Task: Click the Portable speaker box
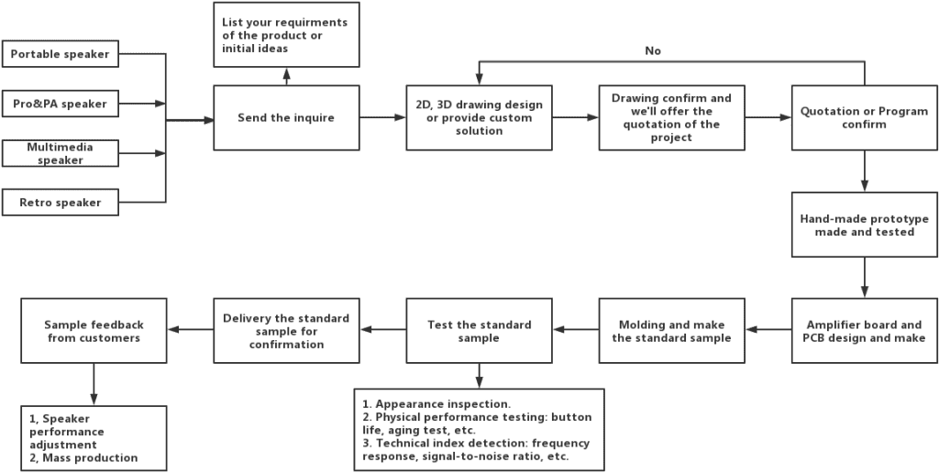point(60,54)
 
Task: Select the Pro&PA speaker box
point(60,104)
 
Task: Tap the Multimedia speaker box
point(60,153)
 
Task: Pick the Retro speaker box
point(60,202)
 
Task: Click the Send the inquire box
point(286,117)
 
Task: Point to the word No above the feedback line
point(653,50)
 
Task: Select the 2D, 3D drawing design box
point(479,117)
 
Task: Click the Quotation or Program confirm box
point(864,117)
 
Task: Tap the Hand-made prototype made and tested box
point(864,225)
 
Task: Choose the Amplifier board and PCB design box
point(864,331)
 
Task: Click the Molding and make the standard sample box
point(671,331)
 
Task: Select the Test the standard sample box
point(479,331)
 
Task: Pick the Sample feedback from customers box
point(93,331)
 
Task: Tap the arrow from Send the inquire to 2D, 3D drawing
point(382,117)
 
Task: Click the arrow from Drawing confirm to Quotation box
point(768,117)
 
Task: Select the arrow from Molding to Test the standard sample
point(575,331)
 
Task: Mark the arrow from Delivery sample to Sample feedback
point(190,331)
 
